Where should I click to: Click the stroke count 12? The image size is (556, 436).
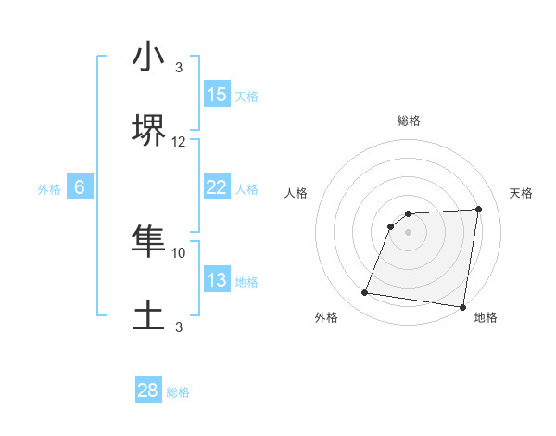coord(179,142)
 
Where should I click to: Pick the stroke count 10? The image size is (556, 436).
coord(179,252)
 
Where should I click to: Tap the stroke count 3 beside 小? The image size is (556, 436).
coord(179,68)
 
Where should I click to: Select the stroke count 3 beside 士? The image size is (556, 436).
coord(179,327)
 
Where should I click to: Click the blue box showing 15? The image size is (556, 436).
coord(217,95)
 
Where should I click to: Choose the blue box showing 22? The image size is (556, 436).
coord(217,187)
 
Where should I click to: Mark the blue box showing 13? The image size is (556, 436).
coord(217,280)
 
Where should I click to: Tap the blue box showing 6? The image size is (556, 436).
coord(80,187)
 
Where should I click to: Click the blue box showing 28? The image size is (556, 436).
coord(148,391)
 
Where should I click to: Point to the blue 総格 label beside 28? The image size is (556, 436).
coord(178,392)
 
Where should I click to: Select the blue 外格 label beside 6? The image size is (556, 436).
coord(49,189)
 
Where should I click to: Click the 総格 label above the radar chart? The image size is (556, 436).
coord(409,121)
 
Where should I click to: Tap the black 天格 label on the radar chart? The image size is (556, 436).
coord(521,193)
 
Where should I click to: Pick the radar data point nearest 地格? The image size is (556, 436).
coord(462,307)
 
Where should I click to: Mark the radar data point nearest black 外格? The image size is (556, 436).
coord(365,293)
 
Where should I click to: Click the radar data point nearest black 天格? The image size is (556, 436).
coord(478,210)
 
